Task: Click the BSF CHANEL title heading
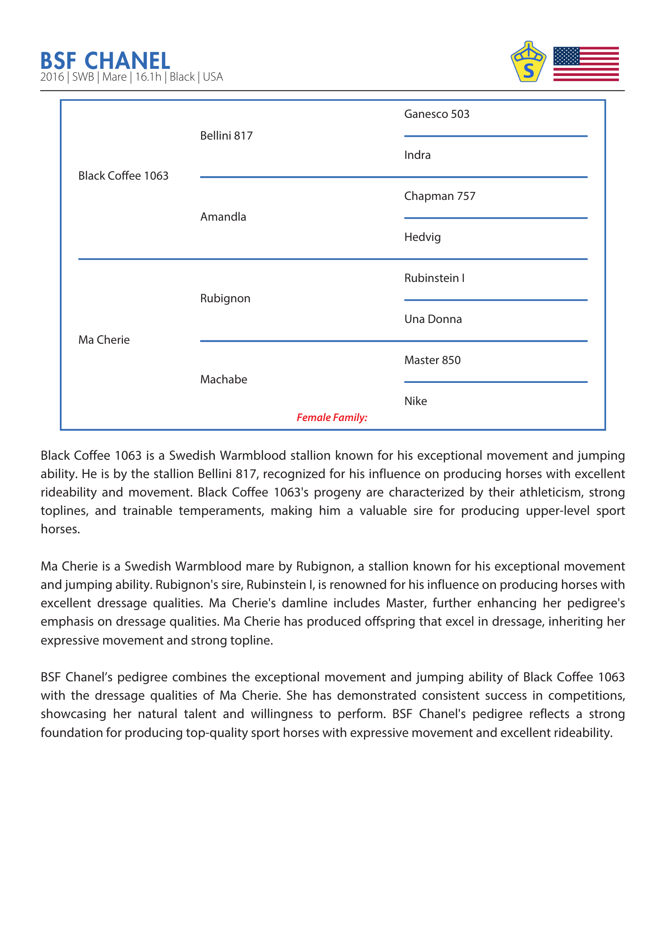pyautogui.click(x=105, y=61)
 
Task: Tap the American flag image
pyautogui.click(x=585, y=64)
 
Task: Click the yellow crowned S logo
pyautogui.click(x=528, y=62)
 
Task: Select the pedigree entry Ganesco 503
pyautogui.click(x=437, y=114)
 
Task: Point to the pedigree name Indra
pyautogui.click(x=417, y=155)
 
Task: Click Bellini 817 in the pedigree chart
pyautogui.click(x=226, y=136)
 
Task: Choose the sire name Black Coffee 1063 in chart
pyautogui.click(x=123, y=176)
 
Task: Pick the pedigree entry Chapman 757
pyautogui.click(x=439, y=196)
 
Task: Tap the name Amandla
pyautogui.click(x=223, y=217)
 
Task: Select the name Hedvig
pyautogui.click(x=422, y=237)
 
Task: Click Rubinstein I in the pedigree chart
pyautogui.click(x=434, y=278)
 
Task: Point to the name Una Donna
pyautogui.click(x=433, y=319)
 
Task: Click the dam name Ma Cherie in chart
pyautogui.click(x=104, y=340)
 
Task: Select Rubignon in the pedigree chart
pyautogui.click(x=225, y=298)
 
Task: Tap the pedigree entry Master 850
pyautogui.click(x=432, y=360)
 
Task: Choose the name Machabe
pyautogui.click(x=223, y=380)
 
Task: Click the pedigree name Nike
pyautogui.click(x=415, y=401)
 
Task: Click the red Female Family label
pyautogui.click(x=332, y=417)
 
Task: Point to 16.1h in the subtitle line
pyautogui.click(x=148, y=77)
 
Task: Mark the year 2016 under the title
pyautogui.click(x=52, y=77)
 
